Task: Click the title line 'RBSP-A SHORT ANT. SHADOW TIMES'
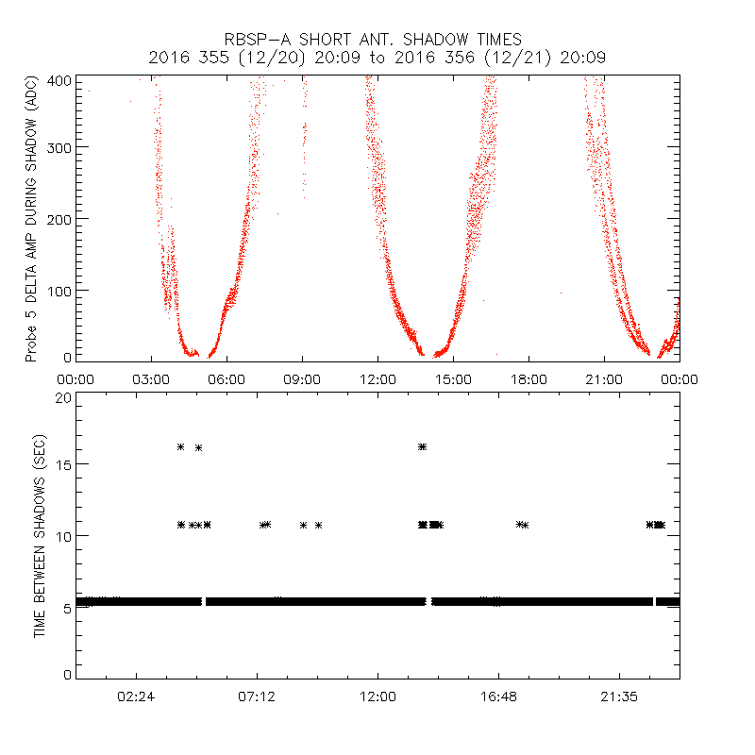(x=377, y=40)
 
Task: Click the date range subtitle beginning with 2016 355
(x=377, y=58)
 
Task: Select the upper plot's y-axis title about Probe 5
(x=31, y=218)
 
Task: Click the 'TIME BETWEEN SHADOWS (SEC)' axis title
(x=40, y=536)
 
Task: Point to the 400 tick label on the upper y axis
(x=61, y=80)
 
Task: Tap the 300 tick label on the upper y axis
(x=61, y=147)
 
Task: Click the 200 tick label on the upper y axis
(x=61, y=219)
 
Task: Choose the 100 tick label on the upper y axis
(x=61, y=290)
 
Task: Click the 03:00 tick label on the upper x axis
(x=151, y=378)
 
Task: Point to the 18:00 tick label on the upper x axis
(x=528, y=378)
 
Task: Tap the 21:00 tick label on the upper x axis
(x=604, y=378)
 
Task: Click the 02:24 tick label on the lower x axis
(x=136, y=696)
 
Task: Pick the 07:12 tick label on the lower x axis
(x=257, y=696)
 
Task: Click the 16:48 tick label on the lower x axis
(x=498, y=696)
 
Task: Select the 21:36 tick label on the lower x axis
(x=619, y=696)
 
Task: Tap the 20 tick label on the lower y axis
(x=63, y=397)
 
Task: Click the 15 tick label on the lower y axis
(x=63, y=464)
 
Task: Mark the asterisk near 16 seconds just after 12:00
(x=422, y=446)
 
